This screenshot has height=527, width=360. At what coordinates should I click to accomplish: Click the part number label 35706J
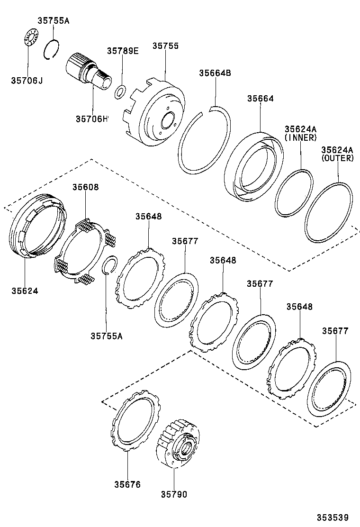pyautogui.click(x=27, y=81)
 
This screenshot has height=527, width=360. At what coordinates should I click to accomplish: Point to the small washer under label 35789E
pyautogui.click(x=120, y=91)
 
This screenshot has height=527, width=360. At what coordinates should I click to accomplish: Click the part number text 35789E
pyautogui.click(x=122, y=51)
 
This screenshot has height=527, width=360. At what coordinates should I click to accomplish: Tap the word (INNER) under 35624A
pyautogui.click(x=300, y=137)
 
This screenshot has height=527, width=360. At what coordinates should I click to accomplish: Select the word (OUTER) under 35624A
pyautogui.click(x=337, y=158)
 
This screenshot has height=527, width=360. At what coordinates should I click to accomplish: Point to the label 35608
pyautogui.click(x=85, y=187)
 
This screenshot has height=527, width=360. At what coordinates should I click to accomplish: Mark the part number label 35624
pyautogui.click(x=25, y=290)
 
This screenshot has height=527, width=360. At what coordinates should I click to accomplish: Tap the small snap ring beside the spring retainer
pyautogui.click(x=109, y=266)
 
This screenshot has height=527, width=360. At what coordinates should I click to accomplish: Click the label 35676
pyautogui.click(x=127, y=484)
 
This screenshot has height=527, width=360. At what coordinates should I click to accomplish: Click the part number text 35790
pyautogui.click(x=173, y=495)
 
